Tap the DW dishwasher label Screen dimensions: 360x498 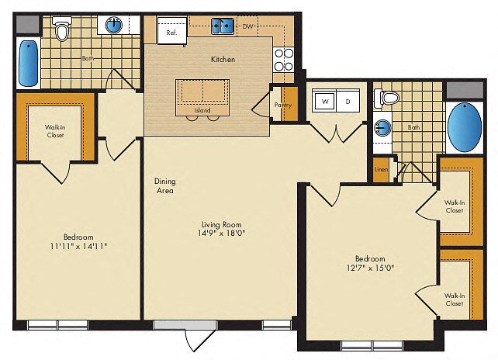coord(248,27)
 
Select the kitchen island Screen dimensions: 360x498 coord(202,93)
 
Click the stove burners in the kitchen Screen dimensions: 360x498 coord(283,60)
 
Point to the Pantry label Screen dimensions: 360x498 coord(282,105)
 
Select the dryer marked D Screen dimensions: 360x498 coord(348,102)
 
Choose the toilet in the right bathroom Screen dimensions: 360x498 coord(388,99)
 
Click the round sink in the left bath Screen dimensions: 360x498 coord(114,26)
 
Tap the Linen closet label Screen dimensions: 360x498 coord(381,170)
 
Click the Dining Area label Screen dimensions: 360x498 coord(163,185)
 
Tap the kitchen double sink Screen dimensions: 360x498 coord(224,27)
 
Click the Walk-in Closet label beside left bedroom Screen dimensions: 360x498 coord(54,130)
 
